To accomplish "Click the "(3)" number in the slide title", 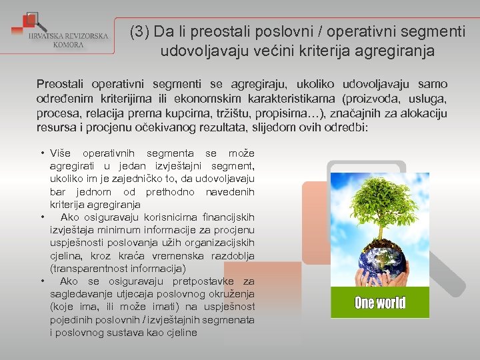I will click(140, 31).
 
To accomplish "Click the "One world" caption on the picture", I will click(380, 303).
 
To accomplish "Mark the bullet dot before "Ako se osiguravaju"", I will click(42, 281).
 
